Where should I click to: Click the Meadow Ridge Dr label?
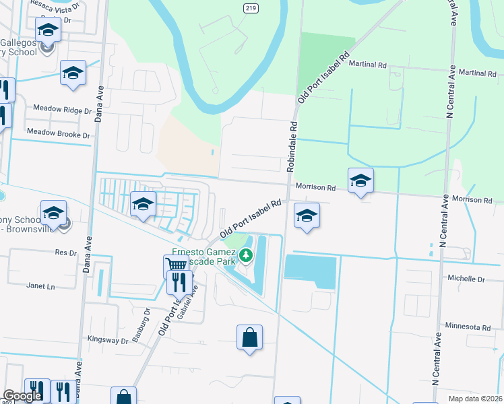(x=62, y=109)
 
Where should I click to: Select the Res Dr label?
(x=66, y=252)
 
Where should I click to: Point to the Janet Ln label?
(x=40, y=285)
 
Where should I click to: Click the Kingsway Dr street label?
(x=108, y=341)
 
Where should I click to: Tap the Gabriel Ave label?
(x=191, y=300)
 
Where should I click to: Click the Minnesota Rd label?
(x=468, y=327)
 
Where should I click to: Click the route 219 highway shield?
(x=249, y=7)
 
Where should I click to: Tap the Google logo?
(x=22, y=396)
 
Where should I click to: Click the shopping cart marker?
(x=176, y=265)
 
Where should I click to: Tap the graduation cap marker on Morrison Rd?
(x=360, y=180)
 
